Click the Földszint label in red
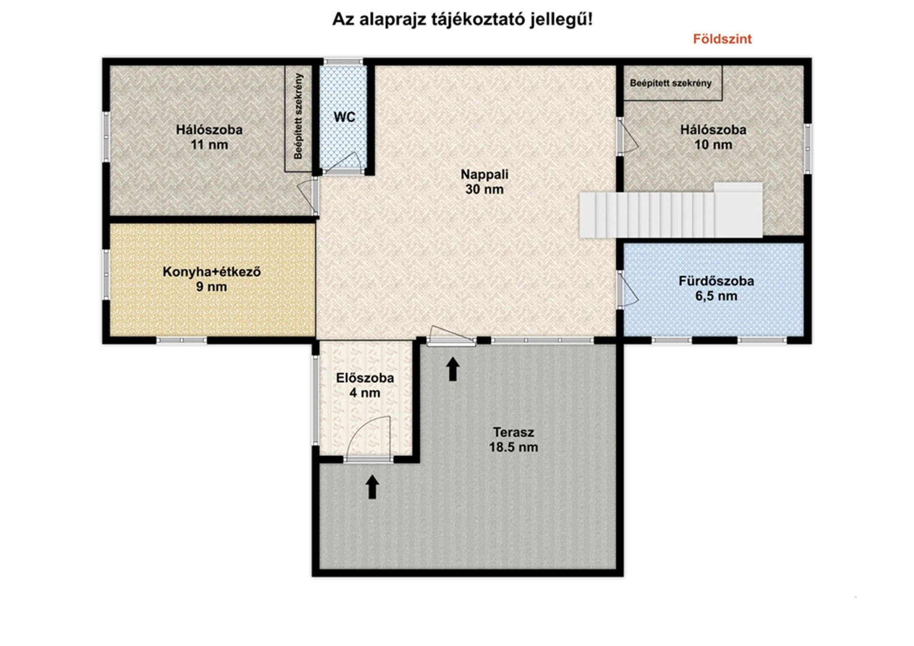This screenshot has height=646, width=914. (x=722, y=39)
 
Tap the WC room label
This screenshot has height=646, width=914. (x=344, y=117)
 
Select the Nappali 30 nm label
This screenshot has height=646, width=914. (x=485, y=182)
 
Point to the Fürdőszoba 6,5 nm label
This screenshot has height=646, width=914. (x=716, y=288)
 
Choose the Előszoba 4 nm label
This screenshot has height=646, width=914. (x=365, y=385)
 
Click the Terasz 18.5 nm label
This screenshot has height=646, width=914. (x=514, y=440)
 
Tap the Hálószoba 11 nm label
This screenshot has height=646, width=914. (x=209, y=137)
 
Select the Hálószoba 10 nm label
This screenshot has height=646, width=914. (x=713, y=137)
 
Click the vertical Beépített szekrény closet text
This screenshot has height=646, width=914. (x=298, y=117)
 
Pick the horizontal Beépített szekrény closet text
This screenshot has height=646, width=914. (x=671, y=83)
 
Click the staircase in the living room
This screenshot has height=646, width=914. (x=671, y=210)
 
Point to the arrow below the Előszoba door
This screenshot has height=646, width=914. (x=372, y=487)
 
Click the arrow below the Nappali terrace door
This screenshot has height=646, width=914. (x=453, y=369)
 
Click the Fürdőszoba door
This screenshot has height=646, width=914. (x=627, y=289)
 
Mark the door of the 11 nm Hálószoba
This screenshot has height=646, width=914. (x=308, y=197)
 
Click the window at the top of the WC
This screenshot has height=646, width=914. (x=343, y=61)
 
